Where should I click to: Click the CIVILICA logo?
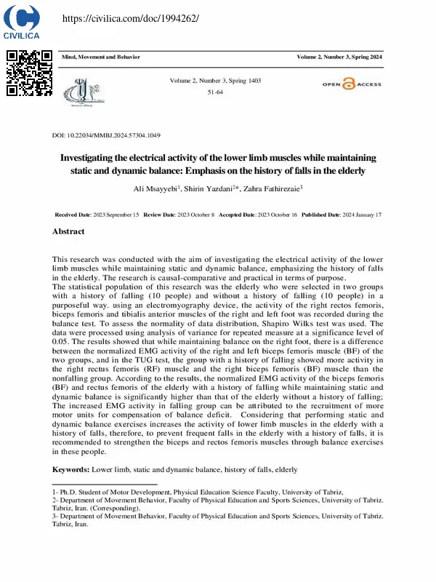(x=22, y=21)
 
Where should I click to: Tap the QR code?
(x=29, y=73)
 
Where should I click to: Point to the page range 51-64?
(x=215, y=93)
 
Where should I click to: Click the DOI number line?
(x=106, y=136)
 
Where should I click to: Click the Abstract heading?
(x=68, y=231)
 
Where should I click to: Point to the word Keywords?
(x=70, y=471)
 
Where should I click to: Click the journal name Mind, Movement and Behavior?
(x=101, y=57)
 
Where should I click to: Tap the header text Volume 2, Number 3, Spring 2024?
(x=339, y=57)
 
